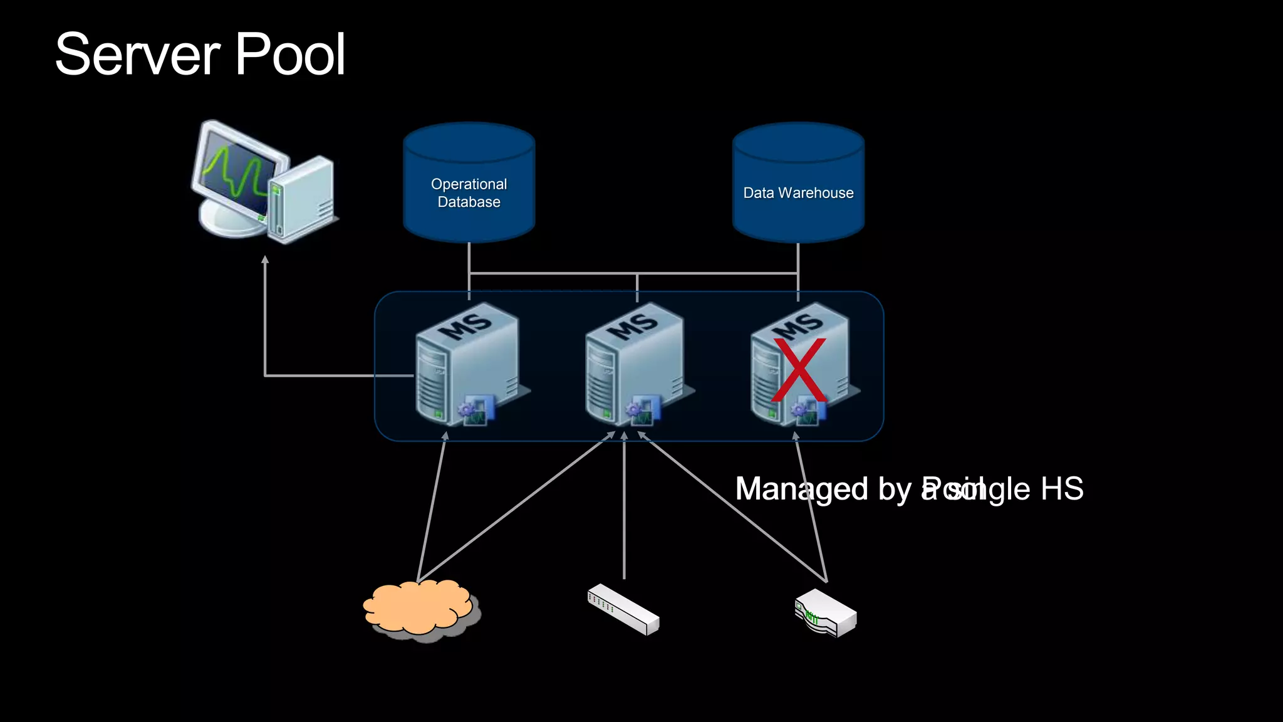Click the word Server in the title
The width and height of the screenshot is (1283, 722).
[137, 55]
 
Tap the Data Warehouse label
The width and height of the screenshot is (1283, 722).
[798, 193]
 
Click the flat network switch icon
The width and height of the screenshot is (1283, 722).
[623, 609]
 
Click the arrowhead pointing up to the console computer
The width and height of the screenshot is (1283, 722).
[265, 259]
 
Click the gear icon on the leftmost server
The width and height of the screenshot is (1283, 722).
[466, 410]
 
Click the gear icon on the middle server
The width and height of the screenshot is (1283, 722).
[633, 410]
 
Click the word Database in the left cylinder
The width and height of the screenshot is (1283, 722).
[469, 202]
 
